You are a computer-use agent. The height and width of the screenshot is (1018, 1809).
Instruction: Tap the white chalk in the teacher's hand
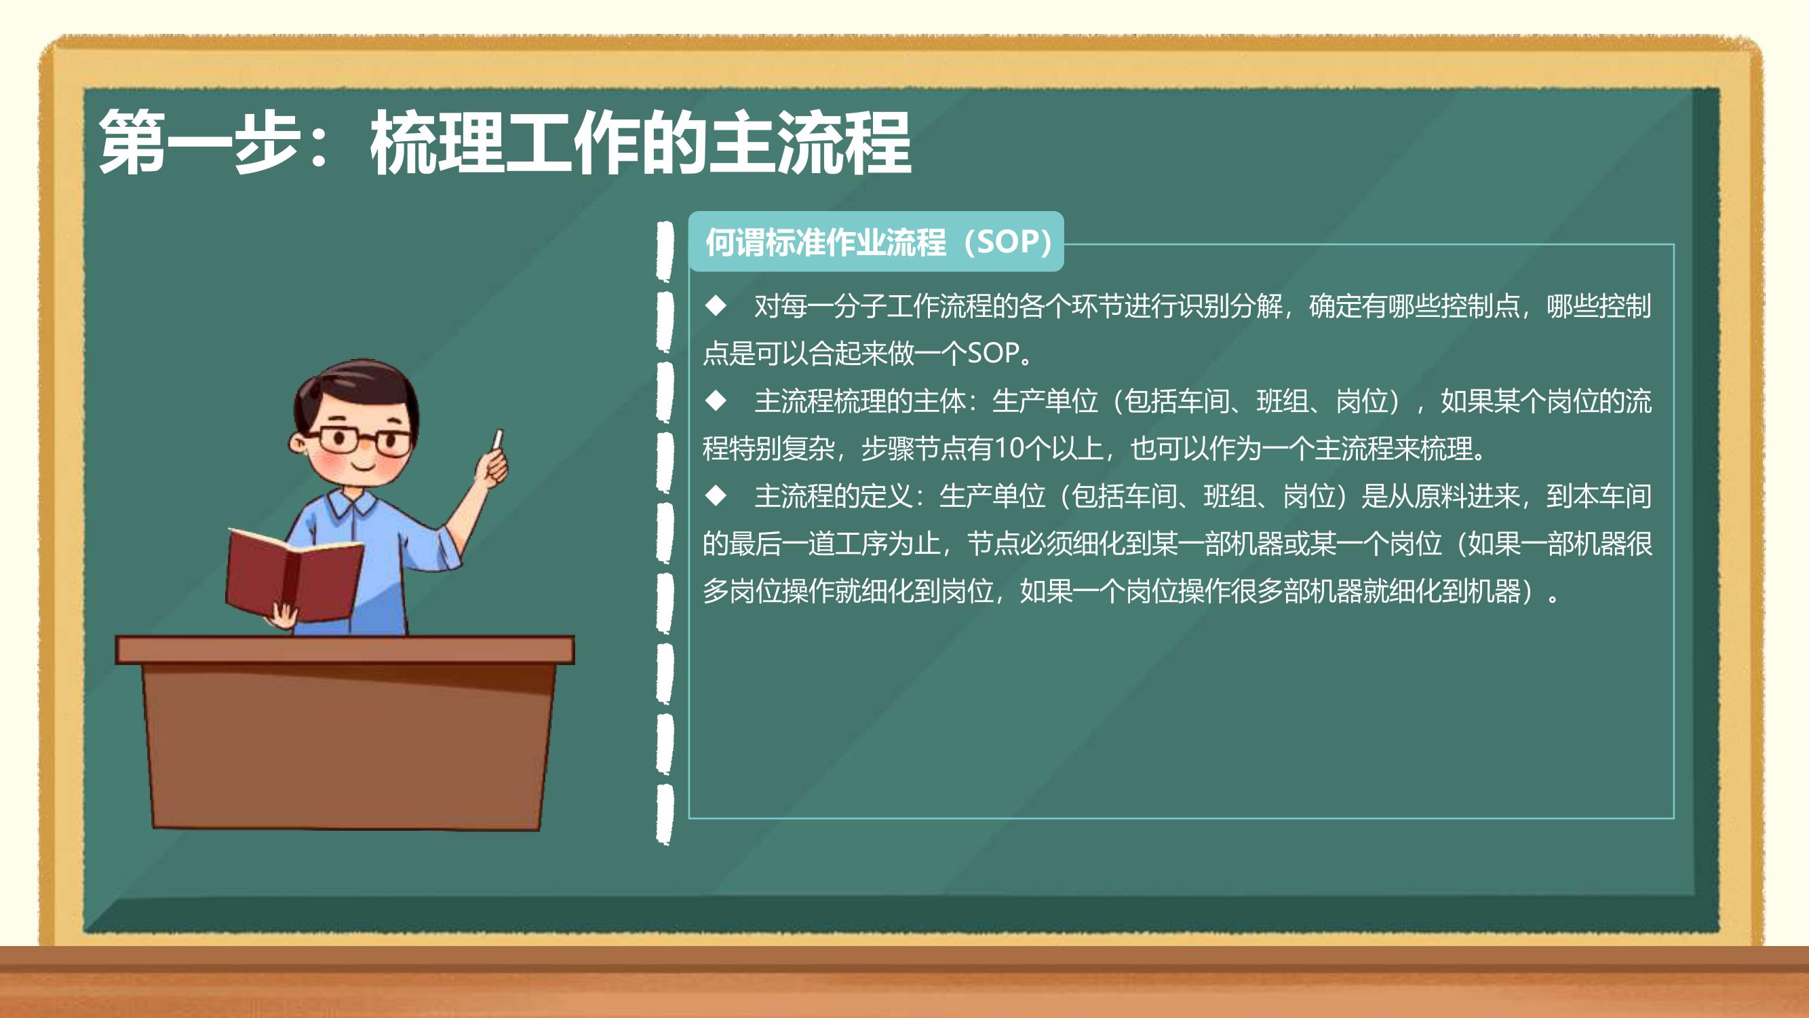[x=498, y=440]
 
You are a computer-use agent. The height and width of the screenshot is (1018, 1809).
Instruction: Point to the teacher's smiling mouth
[x=364, y=465]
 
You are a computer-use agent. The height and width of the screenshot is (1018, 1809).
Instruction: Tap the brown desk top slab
[x=345, y=650]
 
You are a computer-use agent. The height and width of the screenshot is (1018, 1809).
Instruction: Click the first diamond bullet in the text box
[x=716, y=305]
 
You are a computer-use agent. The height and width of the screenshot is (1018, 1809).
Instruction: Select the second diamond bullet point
[x=716, y=400]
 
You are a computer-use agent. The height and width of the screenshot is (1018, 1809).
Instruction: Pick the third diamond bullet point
[x=716, y=495]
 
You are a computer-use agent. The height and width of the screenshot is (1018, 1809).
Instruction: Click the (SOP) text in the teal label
[x=1008, y=242]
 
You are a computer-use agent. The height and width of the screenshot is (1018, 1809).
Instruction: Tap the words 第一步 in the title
[x=199, y=143]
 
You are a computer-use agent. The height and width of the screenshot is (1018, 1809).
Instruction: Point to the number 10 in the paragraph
[x=1010, y=448]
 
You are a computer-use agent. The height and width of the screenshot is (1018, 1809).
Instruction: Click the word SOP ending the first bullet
[x=993, y=353]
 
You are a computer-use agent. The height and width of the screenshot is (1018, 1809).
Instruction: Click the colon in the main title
[x=319, y=147]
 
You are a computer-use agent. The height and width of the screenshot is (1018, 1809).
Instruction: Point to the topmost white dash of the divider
[x=664, y=252]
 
